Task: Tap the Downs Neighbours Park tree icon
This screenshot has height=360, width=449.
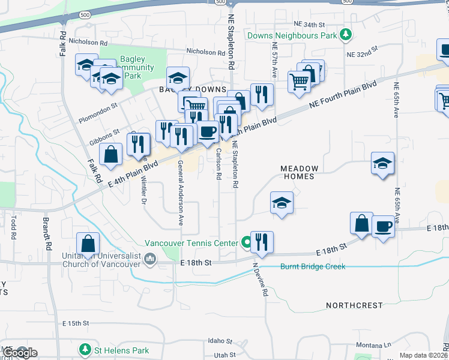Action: click(345, 35)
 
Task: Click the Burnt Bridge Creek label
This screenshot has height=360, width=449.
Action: click(313, 266)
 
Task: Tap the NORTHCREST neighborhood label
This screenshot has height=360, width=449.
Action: click(354, 305)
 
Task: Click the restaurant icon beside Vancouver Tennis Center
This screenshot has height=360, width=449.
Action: click(262, 242)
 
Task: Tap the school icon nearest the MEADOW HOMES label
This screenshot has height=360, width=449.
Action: click(281, 203)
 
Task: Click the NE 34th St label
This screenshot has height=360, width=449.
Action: click(309, 25)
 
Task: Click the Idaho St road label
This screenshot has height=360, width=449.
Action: click(220, 341)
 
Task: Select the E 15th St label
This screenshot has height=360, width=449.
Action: click(77, 323)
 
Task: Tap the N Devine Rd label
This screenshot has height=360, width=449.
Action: click(260, 280)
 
